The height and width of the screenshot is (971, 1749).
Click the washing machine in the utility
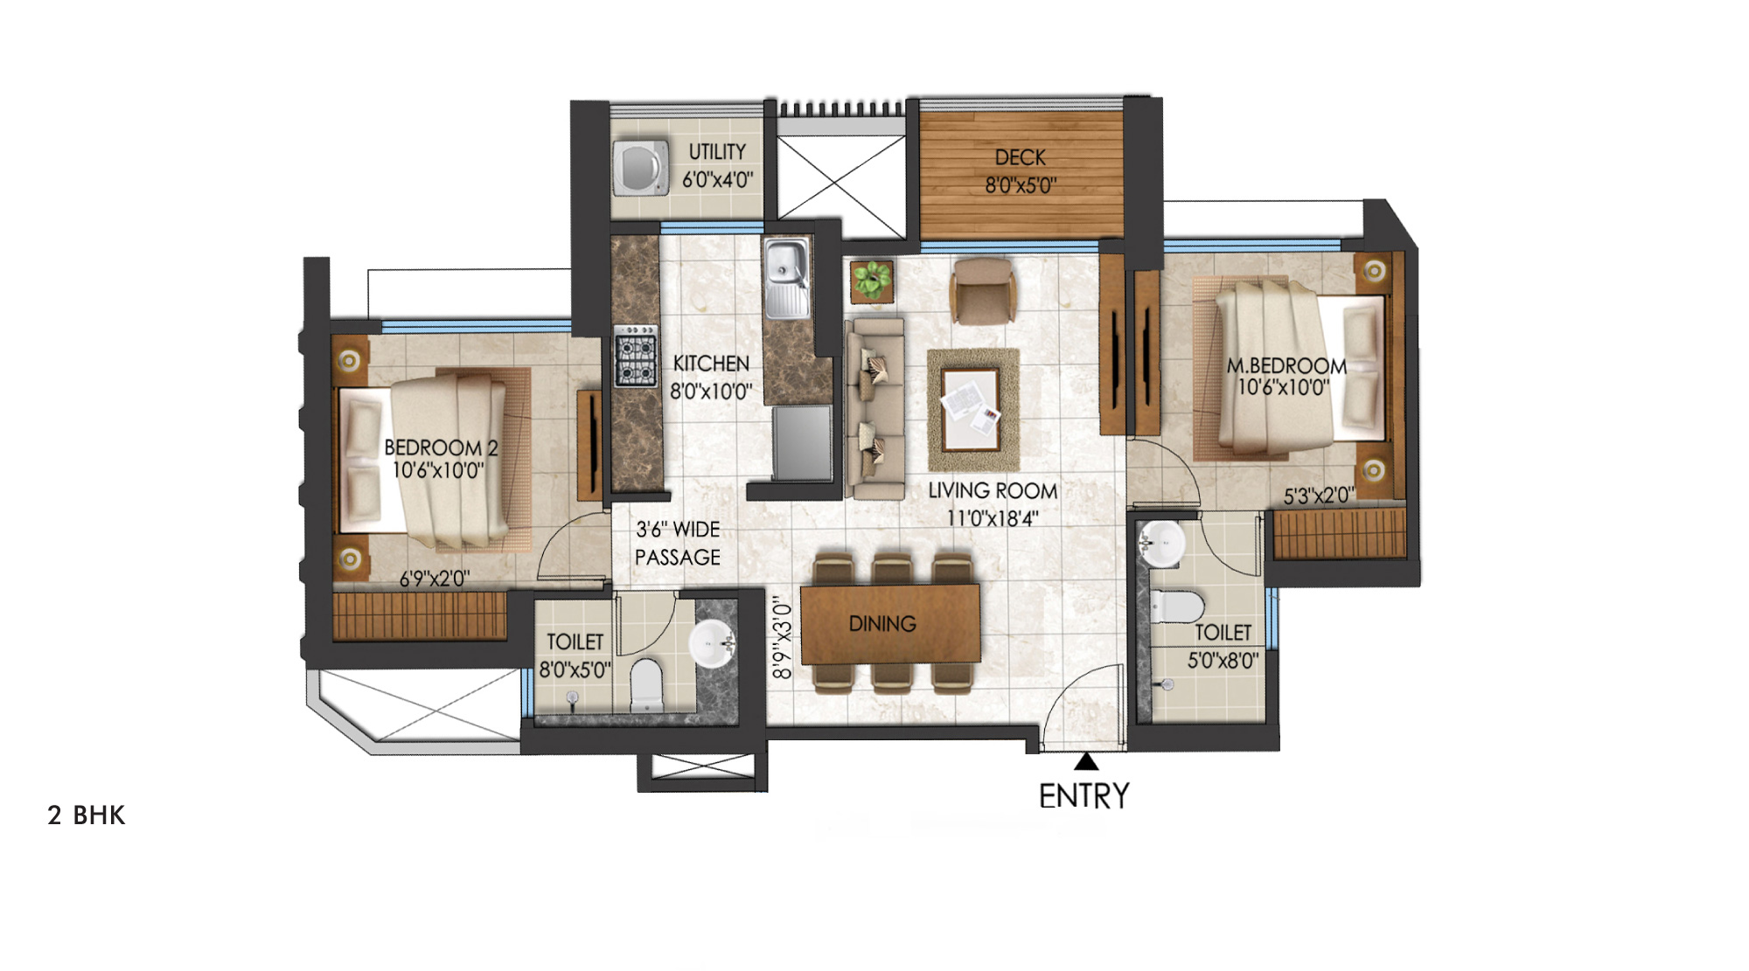pyautogui.click(x=641, y=167)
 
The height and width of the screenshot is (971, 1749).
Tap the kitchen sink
pyautogui.click(x=786, y=279)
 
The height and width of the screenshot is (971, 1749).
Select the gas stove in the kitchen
pyautogui.click(x=635, y=356)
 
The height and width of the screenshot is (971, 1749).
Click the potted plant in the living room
pyautogui.click(x=872, y=281)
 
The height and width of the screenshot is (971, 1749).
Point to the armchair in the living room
pyautogui.click(x=984, y=290)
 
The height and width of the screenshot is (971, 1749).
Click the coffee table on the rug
pyautogui.click(x=972, y=409)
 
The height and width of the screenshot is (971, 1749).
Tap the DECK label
pyautogui.click(x=1021, y=157)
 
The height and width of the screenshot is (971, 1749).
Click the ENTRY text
pyautogui.click(x=1084, y=795)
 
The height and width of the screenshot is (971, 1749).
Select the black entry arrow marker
pyautogui.click(x=1086, y=761)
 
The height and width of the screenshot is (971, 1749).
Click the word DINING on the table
pyautogui.click(x=882, y=624)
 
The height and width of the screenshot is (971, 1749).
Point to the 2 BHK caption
pyautogui.click(x=87, y=815)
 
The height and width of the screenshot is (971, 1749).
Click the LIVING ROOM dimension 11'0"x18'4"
pyautogui.click(x=993, y=518)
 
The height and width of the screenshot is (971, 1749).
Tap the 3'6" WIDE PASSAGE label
pyautogui.click(x=678, y=543)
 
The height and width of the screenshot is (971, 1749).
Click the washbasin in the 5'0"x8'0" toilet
pyautogui.click(x=1162, y=542)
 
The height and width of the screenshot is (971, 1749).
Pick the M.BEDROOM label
pyautogui.click(x=1286, y=365)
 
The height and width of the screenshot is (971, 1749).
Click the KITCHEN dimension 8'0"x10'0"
pyautogui.click(x=711, y=392)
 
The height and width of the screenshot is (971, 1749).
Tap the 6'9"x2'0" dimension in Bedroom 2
pyautogui.click(x=435, y=579)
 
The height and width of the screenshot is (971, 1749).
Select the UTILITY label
pyautogui.click(x=717, y=152)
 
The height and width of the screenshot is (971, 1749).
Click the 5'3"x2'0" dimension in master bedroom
pyautogui.click(x=1319, y=496)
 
